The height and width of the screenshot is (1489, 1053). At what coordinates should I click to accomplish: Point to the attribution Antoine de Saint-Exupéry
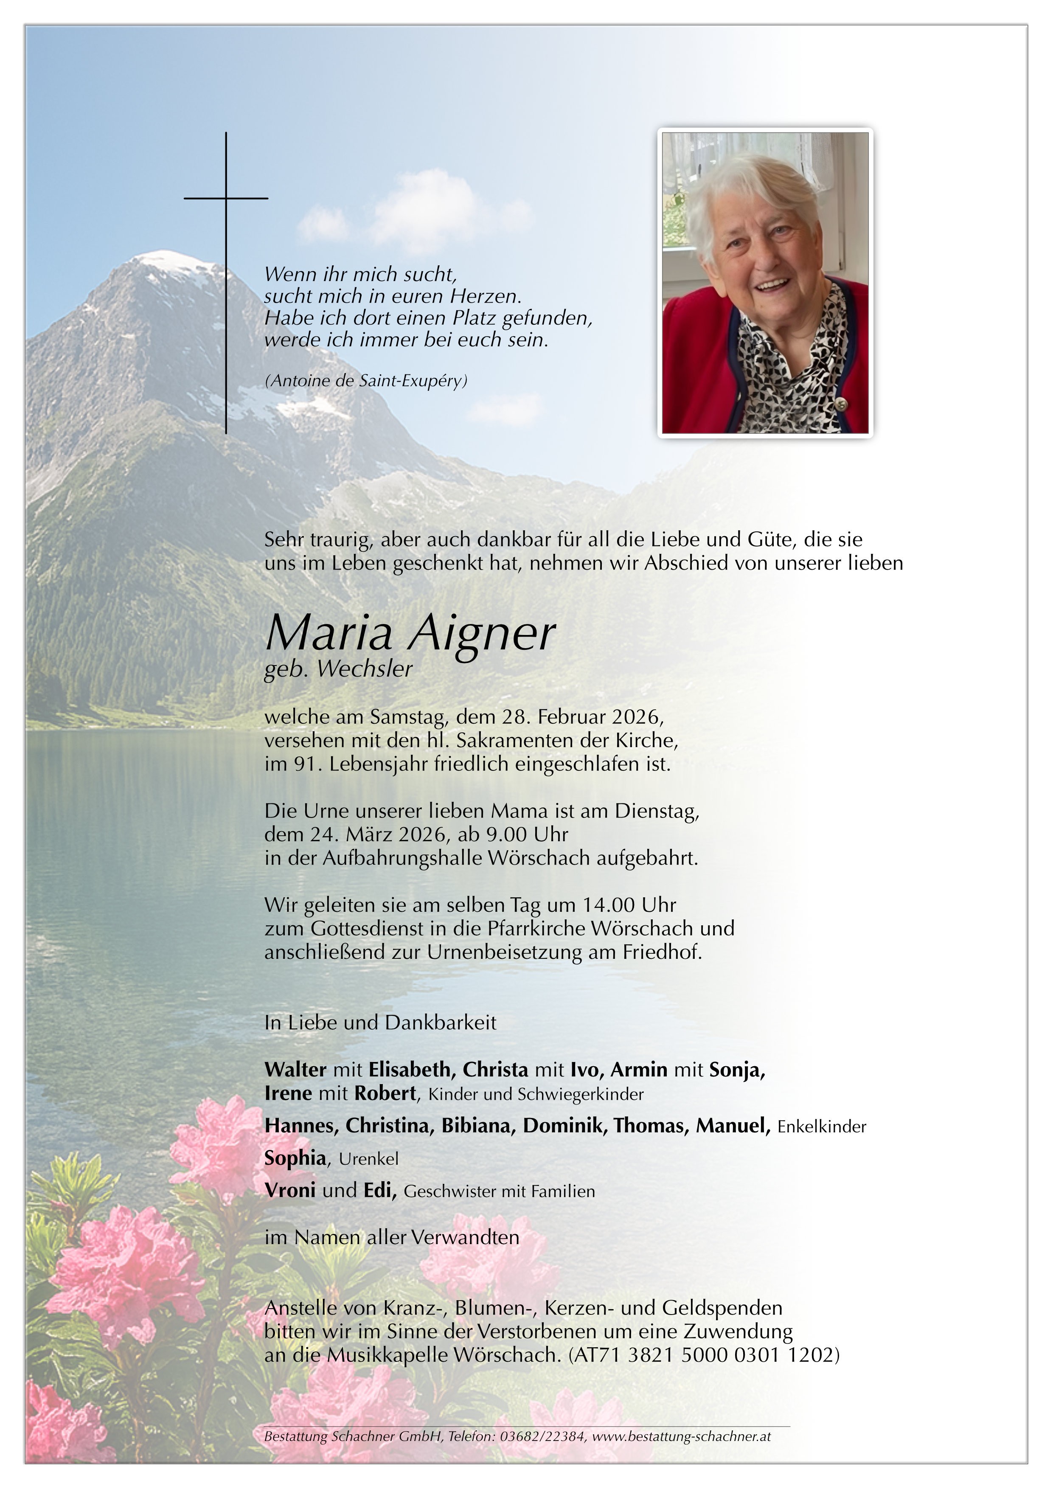366,381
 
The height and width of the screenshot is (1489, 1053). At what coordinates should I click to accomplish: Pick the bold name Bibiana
478,1125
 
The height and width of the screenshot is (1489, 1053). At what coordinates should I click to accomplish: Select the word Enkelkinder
822,1127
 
